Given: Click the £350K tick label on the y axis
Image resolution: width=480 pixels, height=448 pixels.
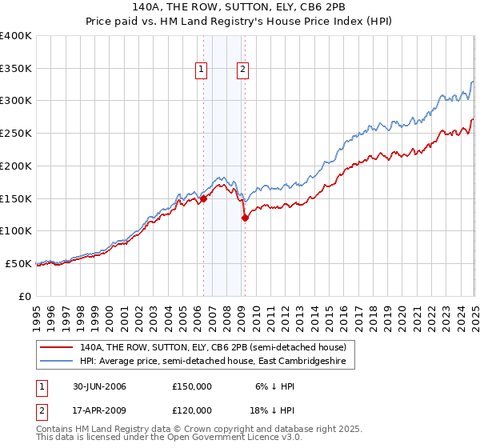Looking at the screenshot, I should coord(16,68).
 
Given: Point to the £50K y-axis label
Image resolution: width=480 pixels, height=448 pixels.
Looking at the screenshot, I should coord(18,263).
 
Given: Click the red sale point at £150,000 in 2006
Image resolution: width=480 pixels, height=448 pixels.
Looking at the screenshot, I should coord(203,198).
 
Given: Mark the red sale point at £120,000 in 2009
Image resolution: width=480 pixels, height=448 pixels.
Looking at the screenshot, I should coord(244,218).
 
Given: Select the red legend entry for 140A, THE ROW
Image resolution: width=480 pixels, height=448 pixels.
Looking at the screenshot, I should coord(213,347).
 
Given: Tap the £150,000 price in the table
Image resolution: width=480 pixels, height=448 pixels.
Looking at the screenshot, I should coord(192,386).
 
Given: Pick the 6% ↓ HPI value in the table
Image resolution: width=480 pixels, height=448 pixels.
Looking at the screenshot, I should coord(274,386).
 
